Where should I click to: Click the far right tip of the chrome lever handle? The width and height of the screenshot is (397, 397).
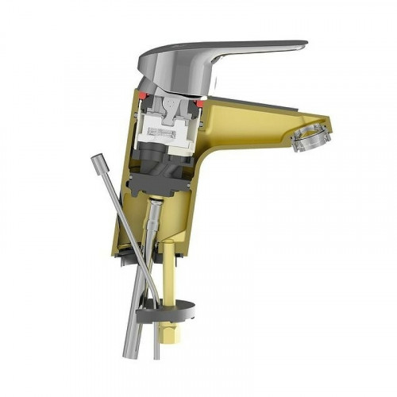(306, 46)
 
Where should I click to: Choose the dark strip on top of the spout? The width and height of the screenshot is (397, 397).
(254, 106)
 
